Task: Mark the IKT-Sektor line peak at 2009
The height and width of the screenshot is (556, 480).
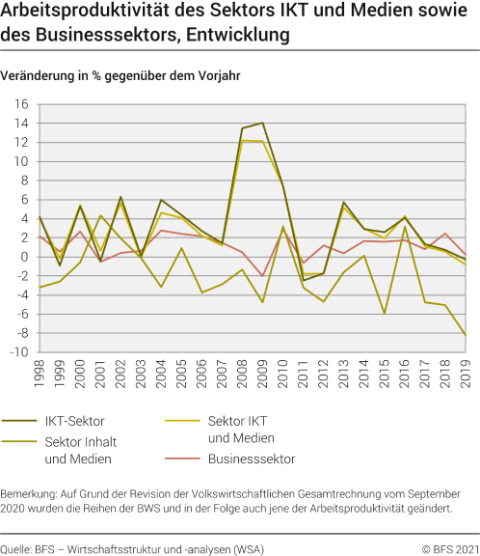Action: click(x=262, y=123)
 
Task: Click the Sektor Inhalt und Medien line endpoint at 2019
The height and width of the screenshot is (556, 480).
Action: click(x=466, y=335)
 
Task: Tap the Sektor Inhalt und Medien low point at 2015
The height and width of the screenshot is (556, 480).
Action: click(x=385, y=314)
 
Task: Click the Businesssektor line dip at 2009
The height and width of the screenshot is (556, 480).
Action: click(x=262, y=276)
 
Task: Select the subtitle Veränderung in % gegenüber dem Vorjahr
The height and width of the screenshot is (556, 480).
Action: click(x=121, y=74)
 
